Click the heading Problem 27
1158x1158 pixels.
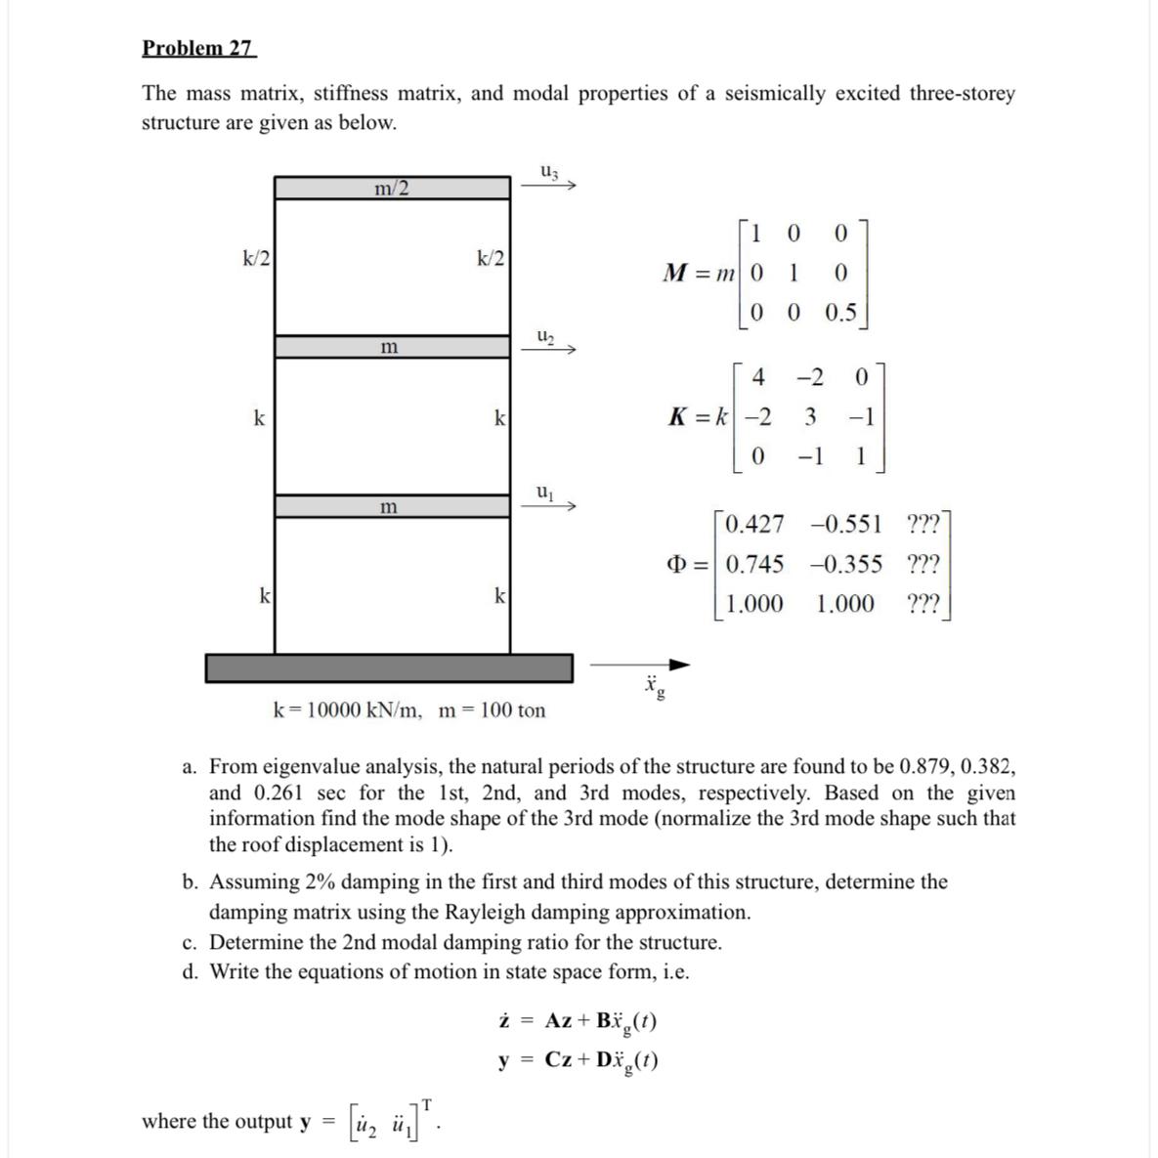tap(198, 48)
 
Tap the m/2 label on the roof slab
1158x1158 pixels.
tap(392, 188)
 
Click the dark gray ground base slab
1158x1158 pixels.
tap(389, 667)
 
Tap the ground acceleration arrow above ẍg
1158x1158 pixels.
tap(641, 665)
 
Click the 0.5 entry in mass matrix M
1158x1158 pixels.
tap(840, 313)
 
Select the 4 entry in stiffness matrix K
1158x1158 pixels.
tap(758, 378)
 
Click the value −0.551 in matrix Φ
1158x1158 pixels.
tap(845, 525)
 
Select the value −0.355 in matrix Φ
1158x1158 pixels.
tap(845, 564)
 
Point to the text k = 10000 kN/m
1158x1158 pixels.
tap(347, 710)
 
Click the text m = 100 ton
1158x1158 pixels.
tap(493, 710)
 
